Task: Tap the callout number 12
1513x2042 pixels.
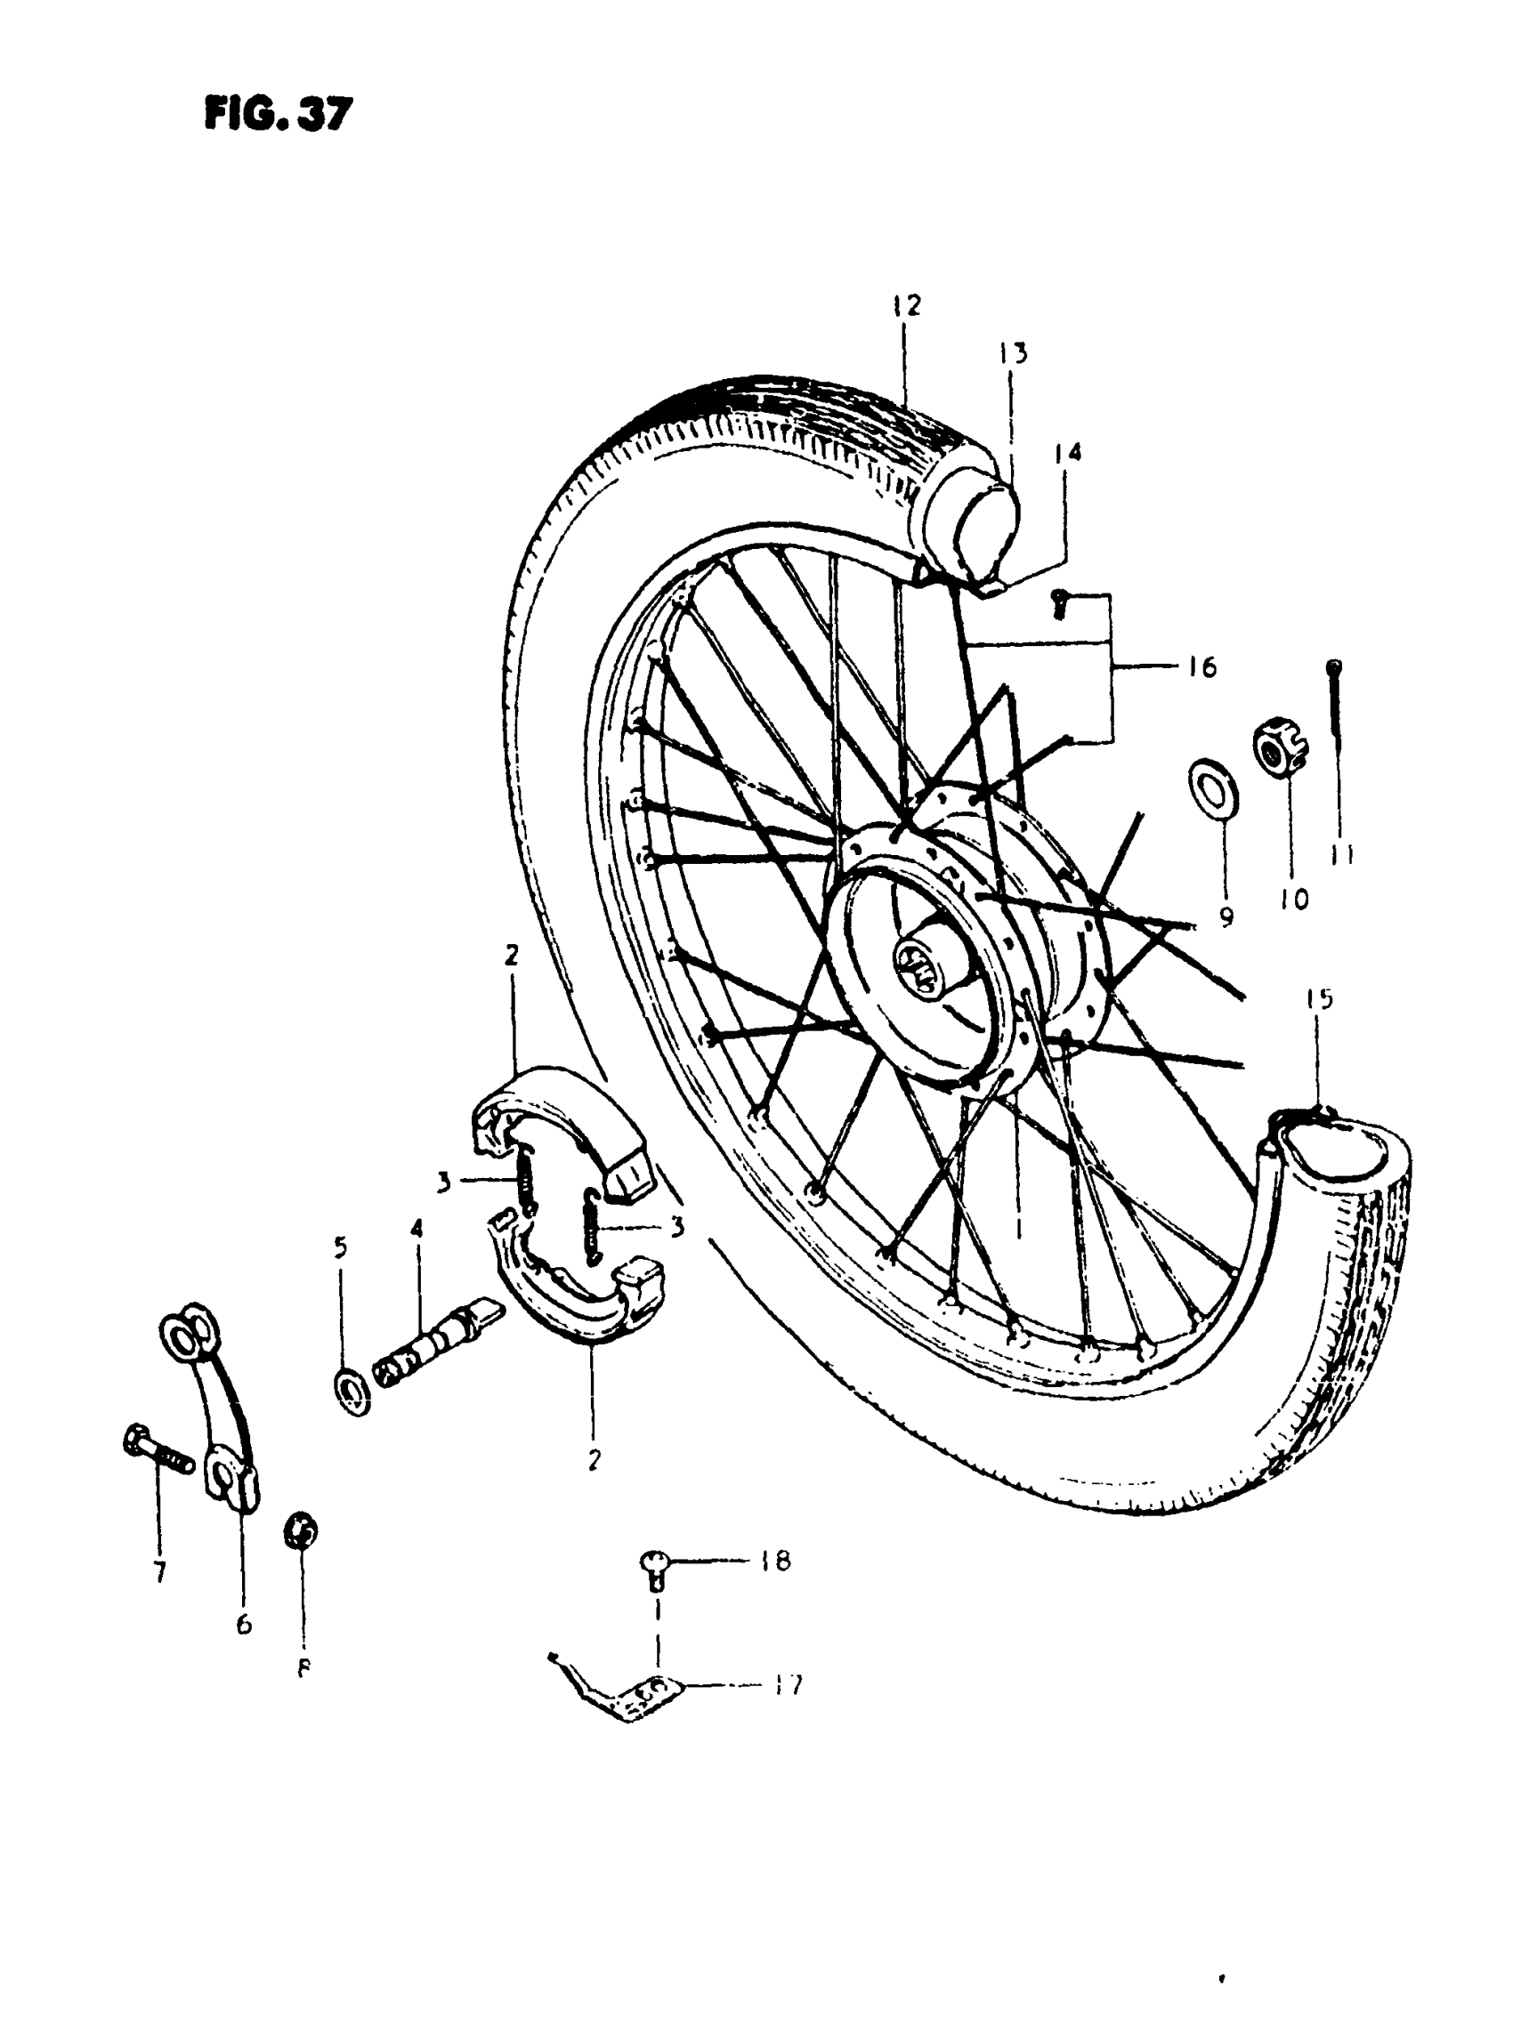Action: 906,305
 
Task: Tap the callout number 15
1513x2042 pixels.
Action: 1320,999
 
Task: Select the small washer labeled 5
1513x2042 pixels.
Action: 352,1393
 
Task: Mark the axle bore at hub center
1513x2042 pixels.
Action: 925,963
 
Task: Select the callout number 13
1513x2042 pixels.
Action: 1013,353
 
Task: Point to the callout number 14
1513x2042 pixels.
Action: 1068,451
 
